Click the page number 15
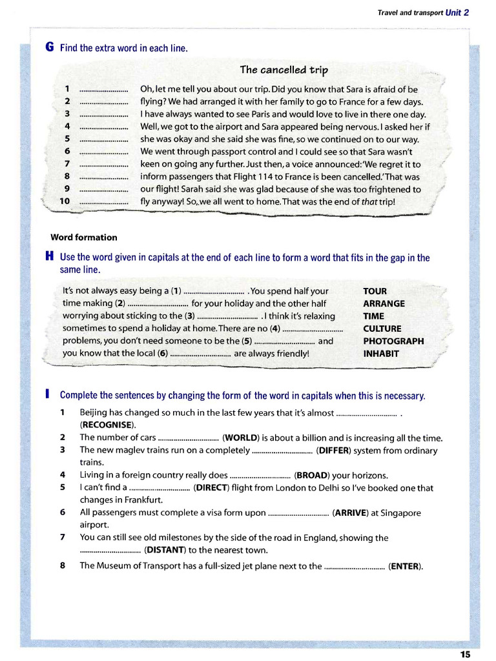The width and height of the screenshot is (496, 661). tap(465, 654)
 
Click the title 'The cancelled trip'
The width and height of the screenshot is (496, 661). tap(284, 70)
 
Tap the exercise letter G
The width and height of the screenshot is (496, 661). tap(50, 48)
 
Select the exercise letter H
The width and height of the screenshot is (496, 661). tap(50, 258)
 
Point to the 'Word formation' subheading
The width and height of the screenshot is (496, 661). tap(84, 238)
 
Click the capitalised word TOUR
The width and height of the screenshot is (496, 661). tap(375, 291)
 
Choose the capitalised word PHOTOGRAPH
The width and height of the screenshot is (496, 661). tap(393, 341)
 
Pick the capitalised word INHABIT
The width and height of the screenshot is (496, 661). tap(381, 354)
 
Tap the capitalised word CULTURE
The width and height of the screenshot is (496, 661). tap(382, 329)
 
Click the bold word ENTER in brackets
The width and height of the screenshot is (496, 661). tap(405, 566)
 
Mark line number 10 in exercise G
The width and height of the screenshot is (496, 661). tap(65, 201)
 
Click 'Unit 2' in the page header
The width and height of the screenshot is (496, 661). tap(457, 12)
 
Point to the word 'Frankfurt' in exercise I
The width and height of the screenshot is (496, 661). tap(143, 500)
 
